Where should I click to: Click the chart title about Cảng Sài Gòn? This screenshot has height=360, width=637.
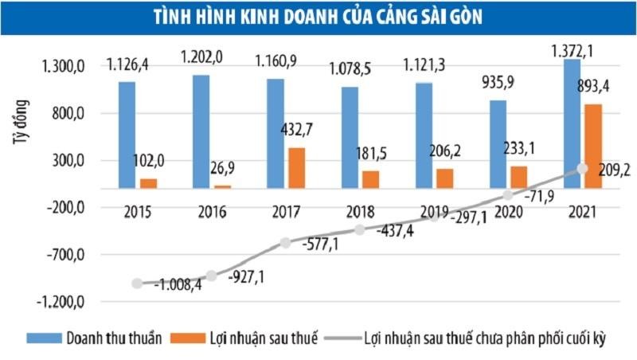(318, 17)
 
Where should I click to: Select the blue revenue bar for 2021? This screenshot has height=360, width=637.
(573, 123)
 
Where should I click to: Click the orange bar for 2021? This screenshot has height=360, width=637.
(593, 147)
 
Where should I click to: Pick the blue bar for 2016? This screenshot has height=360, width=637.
(201, 131)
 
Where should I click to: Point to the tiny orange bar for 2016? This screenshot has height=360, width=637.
(223, 186)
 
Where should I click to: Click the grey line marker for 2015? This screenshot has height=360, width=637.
(137, 284)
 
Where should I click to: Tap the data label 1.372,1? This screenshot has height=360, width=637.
(584, 51)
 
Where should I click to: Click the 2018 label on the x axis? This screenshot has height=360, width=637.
(360, 213)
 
